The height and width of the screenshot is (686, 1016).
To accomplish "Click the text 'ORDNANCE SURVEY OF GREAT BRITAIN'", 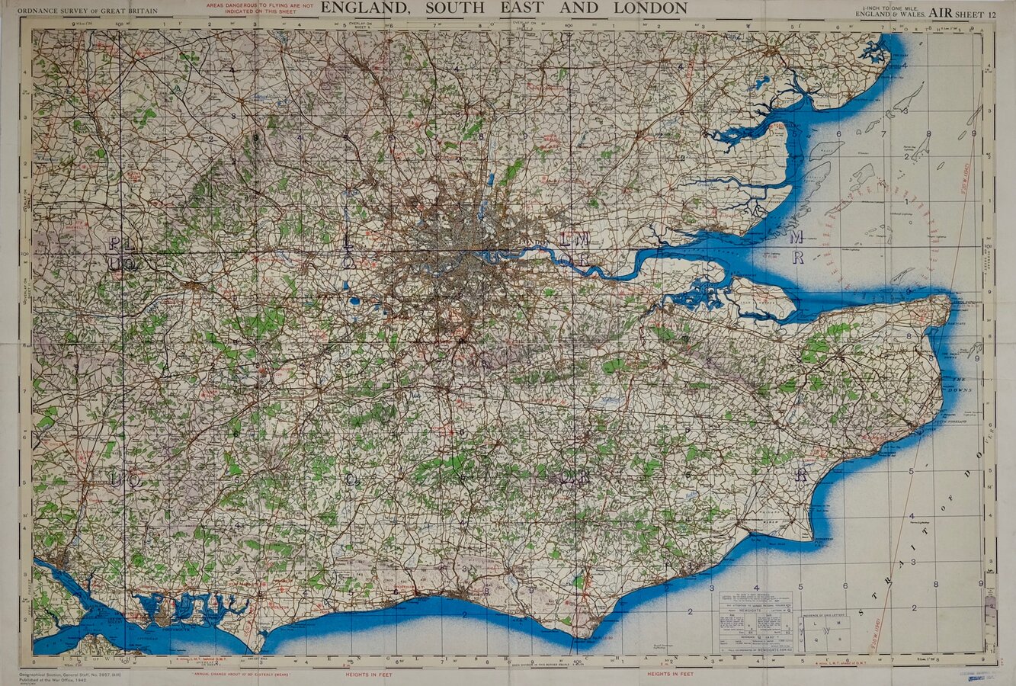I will tap(87, 11).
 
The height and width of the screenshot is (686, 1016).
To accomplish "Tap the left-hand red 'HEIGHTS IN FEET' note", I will tap(370, 674).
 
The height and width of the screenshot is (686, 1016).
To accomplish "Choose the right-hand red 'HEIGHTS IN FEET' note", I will tap(670, 674).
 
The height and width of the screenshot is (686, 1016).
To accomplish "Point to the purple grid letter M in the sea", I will tap(796, 237).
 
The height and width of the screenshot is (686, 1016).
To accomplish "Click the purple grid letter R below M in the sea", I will tap(797, 258).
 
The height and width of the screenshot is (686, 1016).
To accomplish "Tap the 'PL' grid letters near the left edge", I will tap(114, 244).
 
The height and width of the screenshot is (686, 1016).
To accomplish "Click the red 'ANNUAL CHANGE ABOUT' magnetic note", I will tap(243, 674).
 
